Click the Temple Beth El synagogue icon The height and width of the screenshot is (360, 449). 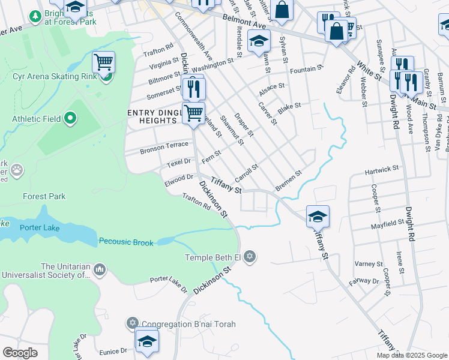point(250,257)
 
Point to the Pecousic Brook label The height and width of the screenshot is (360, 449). point(126,242)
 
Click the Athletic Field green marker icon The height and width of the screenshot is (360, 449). point(70,119)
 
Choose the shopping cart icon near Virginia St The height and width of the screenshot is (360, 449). point(103,62)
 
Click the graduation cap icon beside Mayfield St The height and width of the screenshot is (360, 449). point(318,216)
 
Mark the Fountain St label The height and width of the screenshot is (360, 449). point(307,70)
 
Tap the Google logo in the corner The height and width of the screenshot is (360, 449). point(20,352)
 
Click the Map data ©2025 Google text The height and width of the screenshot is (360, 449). point(411,355)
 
